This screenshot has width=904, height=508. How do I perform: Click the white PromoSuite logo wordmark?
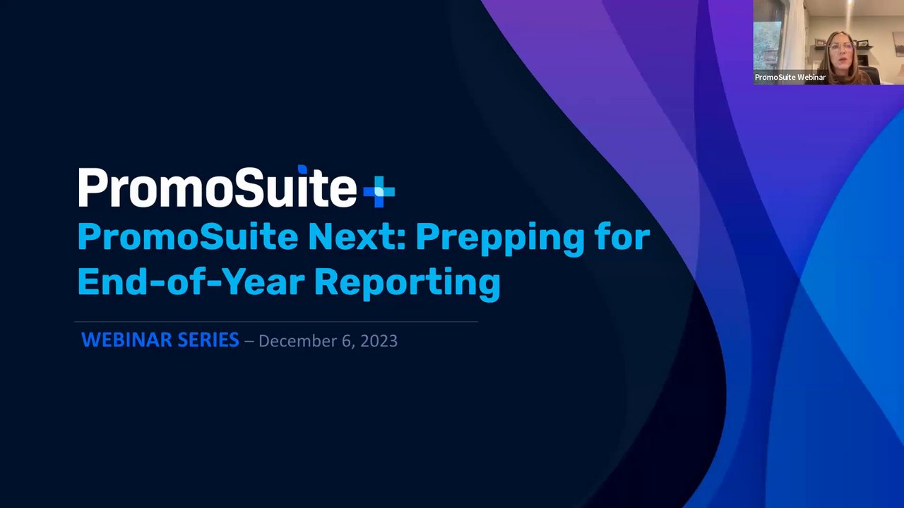coord(218,187)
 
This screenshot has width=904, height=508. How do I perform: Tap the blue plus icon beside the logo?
coord(379,191)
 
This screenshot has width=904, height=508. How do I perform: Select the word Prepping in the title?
coord(500,239)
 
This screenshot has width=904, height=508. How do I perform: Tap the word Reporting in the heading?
coord(408,284)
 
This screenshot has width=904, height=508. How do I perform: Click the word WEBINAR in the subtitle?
coord(126,340)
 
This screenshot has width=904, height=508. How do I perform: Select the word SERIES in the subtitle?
coord(208,340)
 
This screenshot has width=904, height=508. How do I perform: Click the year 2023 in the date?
coord(379,341)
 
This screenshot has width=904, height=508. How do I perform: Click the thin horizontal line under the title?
coord(276,322)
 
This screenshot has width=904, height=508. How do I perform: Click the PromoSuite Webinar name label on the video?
coord(790,77)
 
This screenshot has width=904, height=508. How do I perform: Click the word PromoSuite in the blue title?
coord(188,237)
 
